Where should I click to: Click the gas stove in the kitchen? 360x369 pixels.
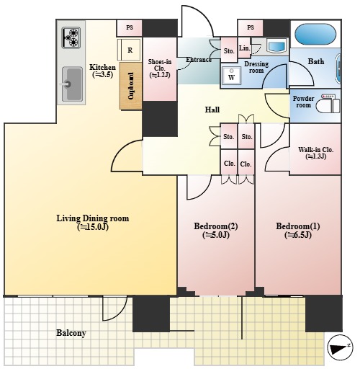tap(71, 37)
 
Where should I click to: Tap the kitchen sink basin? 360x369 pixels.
tap(72, 84)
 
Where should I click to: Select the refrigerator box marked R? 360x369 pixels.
tap(129, 50)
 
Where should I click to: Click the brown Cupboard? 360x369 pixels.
tap(130, 86)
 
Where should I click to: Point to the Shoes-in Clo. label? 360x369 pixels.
tap(160, 68)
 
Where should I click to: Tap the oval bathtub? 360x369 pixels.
tap(315, 34)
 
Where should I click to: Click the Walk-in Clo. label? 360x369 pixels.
tap(315, 153)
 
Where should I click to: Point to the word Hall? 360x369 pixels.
tap(212, 110)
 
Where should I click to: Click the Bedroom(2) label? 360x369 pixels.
tap(216, 231)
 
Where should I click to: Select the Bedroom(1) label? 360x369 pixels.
tap(298, 231)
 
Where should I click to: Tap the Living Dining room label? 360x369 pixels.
tap(93, 223)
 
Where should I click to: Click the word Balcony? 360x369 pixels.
tap(71, 333)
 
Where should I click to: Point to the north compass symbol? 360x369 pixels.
tap(340, 347)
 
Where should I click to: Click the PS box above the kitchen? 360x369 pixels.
tap(130, 27)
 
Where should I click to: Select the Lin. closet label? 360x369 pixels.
tap(244, 48)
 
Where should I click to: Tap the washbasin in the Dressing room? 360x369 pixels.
tap(276, 45)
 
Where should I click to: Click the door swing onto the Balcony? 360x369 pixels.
tap(114, 308)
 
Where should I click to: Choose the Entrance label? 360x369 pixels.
tap(199, 60)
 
